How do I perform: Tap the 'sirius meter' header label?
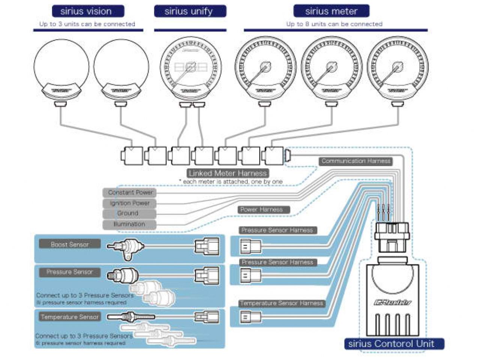point(331,11)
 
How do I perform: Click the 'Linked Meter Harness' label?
point(228,173)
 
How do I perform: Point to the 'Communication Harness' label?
point(356,161)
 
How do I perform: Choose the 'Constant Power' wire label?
point(130,193)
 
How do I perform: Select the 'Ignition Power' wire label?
point(129,203)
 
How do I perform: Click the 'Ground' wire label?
point(129,213)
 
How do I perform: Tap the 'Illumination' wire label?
point(129,224)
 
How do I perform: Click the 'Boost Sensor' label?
point(70,244)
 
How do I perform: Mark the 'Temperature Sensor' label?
point(70,317)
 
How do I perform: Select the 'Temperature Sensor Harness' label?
point(281,303)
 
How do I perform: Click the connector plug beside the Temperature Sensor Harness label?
point(250,317)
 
